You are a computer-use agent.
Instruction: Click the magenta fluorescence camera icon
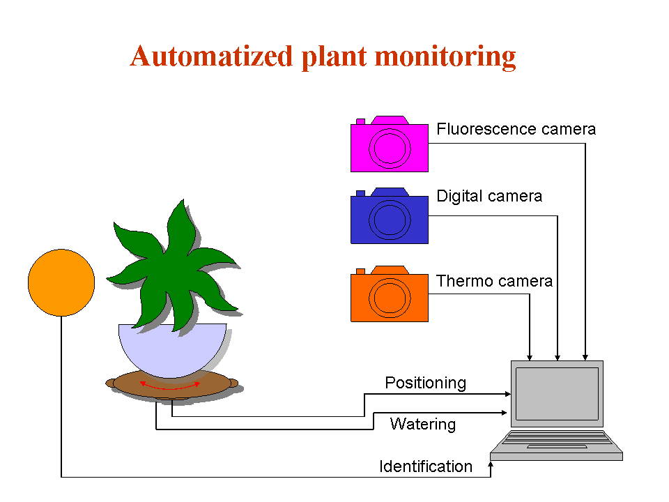pyautogui.click(x=389, y=145)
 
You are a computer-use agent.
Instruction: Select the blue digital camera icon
pyautogui.click(x=389, y=218)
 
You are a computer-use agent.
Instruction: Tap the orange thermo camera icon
pyautogui.click(x=389, y=295)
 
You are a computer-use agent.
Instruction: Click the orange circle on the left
pyautogui.click(x=61, y=282)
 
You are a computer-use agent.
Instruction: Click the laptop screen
pyautogui.click(x=557, y=393)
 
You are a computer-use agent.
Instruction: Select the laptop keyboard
pyautogui.click(x=556, y=442)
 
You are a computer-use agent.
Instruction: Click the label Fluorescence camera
pyautogui.click(x=516, y=129)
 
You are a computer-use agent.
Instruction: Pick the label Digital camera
pyautogui.click(x=489, y=196)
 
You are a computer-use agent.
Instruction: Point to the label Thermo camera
pyautogui.click(x=494, y=281)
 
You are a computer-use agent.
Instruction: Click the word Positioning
pyautogui.click(x=425, y=383)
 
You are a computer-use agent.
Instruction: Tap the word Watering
pyautogui.click(x=422, y=424)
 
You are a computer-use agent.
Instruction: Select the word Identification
pyautogui.click(x=425, y=466)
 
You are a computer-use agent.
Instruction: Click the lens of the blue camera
pyautogui.click(x=389, y=220)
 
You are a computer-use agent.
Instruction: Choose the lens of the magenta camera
pyautogui.click(x=389, y=149)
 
